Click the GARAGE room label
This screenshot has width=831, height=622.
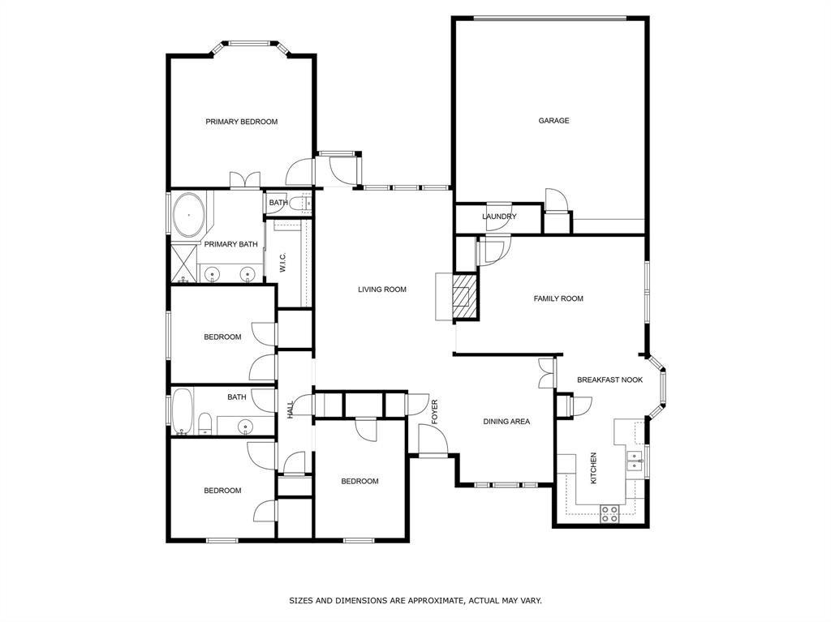tap(553, 121)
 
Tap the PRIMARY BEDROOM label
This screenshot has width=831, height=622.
tap(241, 122)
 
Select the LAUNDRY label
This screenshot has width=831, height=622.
tap(499, 217)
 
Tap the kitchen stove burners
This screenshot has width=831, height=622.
tap(609, 510)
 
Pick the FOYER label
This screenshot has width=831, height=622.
tap(434, 411)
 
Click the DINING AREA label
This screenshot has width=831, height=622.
tap(506, 422)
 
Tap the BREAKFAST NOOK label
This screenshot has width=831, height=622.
tap(609, 380)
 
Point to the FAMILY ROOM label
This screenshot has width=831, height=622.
tap(558, 298)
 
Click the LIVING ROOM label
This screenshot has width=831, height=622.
tap(382, 290)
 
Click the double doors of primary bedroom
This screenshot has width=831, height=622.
tap(244, 180)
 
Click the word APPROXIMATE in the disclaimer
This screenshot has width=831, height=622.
tap(438, 601)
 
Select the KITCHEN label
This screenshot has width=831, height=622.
tap(593, 469)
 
